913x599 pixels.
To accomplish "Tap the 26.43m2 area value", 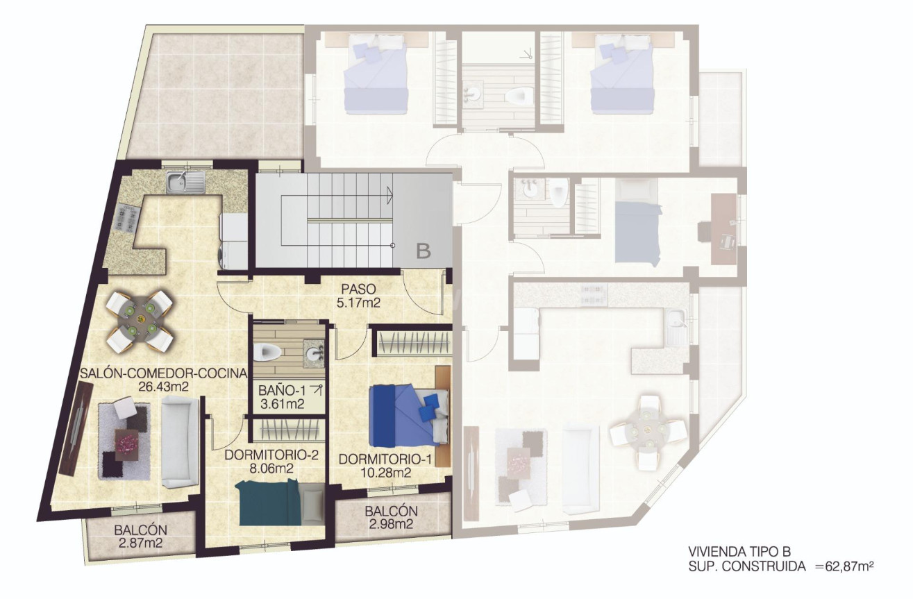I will pos(164,387).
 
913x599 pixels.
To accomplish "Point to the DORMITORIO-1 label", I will pos(380,459).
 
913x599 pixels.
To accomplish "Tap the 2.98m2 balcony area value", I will pos(390,524).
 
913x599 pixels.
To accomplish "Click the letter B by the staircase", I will pos(423,251).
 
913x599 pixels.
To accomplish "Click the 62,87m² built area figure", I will pos(845,566).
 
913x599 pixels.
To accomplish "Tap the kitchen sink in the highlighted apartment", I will pos(184,183).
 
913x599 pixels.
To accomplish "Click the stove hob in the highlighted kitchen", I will pos(129,219).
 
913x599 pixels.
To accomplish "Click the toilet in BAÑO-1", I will pos(267,353).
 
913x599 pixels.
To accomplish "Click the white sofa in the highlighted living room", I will pos(178,441).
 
